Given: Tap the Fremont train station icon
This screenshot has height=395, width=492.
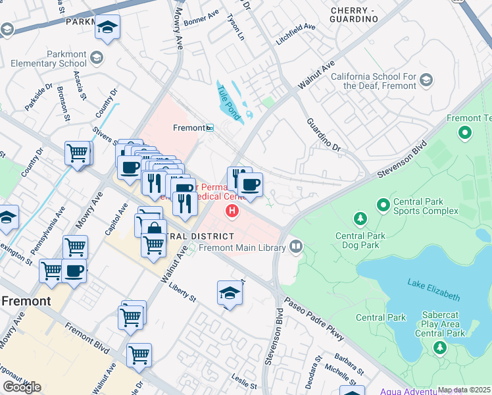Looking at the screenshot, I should pyautogui.click(x=210, y=128).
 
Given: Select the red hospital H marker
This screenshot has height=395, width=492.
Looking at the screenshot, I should pyautogui.click(x=232, y=211).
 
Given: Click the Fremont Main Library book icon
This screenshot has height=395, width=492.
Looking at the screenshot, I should pyautogui.click(x=296, y=247).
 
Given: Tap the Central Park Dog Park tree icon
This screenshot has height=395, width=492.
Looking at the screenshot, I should pyautogui.click(x=360, y=218).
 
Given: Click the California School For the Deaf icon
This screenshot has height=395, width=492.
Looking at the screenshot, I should pyautogui.click(x=426, y=81).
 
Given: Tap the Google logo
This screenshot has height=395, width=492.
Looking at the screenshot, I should pyautogui.click(x=22, y=387).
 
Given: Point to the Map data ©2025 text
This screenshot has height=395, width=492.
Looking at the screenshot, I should pyautogui.click(x=464, y=390).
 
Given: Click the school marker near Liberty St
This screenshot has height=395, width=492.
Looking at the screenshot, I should pyautogui.click(x=230, y=293).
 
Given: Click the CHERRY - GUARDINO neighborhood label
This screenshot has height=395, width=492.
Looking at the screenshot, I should pyautogui.click(x=354, y=15).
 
